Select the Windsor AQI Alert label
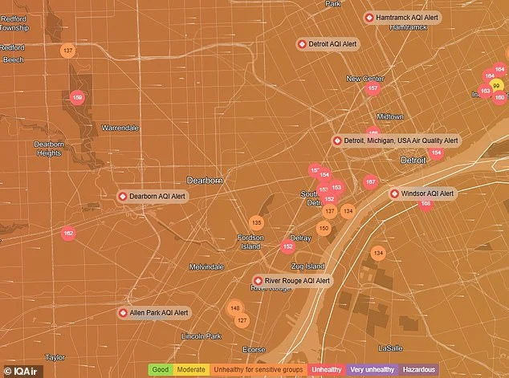(x=422, y=193)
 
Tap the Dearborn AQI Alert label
(x=153, y=196)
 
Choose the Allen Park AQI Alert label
(x=154, y=312)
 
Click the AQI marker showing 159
(x=77, y=98)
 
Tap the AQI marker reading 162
(x=68, y=234)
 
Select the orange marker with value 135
(x=256, y=222)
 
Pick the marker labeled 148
(x=234, y=308)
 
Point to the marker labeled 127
(x=242, y=320)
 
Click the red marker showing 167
(x=370, y=182)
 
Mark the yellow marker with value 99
(x=497, y=85)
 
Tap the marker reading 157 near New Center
(x=373, y=88)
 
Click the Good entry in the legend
(x=161, y=369)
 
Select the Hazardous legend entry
(x=420, y=369)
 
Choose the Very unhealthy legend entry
(x=372, y=369)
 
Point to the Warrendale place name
(x=120, y=128)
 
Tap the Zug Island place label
(x=307, y=266)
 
